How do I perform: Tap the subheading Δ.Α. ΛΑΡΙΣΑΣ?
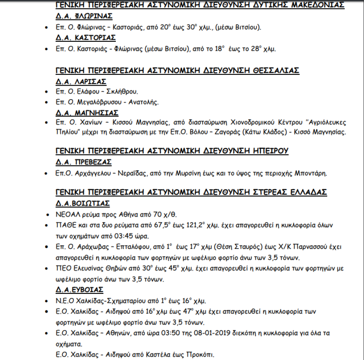click(81, 81)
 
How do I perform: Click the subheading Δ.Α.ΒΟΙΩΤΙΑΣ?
click(82, 203)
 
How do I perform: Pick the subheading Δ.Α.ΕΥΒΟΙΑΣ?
click(79, 289)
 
